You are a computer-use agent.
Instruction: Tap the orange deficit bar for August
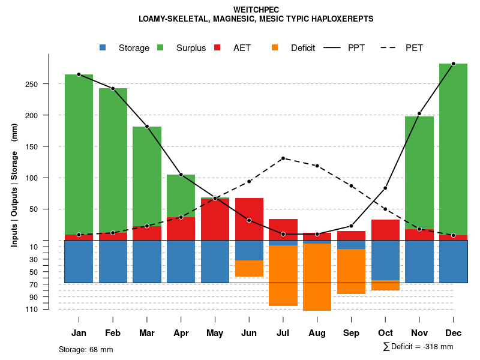point(317,277)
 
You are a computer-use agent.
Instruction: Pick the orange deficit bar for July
point(283,275)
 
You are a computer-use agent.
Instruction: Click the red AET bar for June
point(249,219)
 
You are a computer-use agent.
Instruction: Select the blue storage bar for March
point(147,262)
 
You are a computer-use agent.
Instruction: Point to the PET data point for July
point(283,158)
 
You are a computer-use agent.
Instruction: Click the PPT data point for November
point(419,113)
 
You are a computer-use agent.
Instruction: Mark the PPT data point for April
point(181,175)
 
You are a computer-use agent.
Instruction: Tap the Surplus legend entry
point(191,48)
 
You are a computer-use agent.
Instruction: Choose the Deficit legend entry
point(302,48)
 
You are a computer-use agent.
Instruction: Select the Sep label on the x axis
point(351,333)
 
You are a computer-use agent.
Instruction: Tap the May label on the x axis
point(215,333)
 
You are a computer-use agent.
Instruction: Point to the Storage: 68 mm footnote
point(86,349)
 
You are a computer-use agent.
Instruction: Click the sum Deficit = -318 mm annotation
point(418,347)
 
